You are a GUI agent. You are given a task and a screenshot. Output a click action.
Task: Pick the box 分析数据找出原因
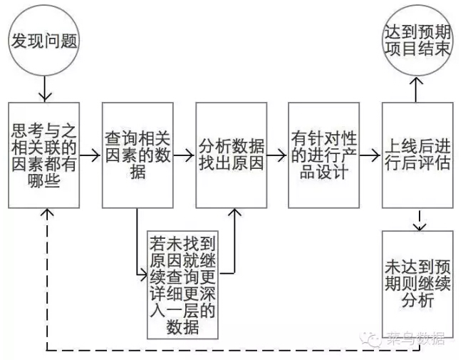coord(231,154)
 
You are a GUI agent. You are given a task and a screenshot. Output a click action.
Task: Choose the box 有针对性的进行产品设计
coord(324,154)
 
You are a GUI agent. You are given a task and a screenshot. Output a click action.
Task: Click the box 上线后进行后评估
coord(417,154)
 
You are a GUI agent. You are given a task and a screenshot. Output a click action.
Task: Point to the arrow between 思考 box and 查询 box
coord(90,154)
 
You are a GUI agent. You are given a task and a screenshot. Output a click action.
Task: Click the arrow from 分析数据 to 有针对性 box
coord(277,154)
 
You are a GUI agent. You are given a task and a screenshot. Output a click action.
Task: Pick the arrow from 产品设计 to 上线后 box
coord(370,154)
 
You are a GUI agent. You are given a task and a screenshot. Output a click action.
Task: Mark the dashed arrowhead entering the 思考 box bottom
coord(47,212)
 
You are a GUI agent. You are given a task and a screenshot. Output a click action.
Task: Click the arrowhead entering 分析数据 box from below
coord(234,212)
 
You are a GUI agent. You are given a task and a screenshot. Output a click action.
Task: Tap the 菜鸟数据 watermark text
coord(415,338)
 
